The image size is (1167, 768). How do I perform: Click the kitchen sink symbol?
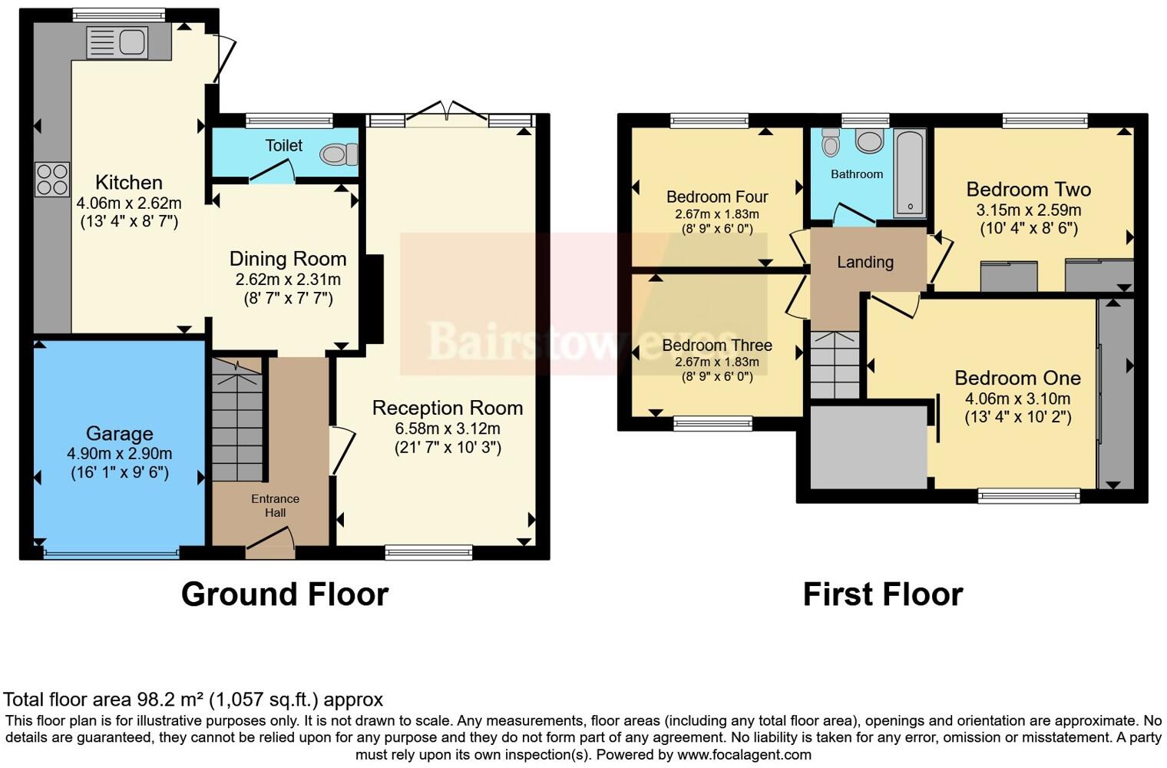point(117,42)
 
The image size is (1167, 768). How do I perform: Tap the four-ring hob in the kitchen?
point(51,180)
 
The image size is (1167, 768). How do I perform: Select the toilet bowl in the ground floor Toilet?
point(339,155)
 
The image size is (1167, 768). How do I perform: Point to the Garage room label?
point(119,434)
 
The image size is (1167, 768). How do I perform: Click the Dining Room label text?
point(288,259)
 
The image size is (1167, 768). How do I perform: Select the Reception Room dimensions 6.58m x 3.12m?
point(448,429)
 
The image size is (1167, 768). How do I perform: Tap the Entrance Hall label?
point(275,505)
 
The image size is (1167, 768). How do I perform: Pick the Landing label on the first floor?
point(865,263)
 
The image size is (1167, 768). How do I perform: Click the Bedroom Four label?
point(716,197)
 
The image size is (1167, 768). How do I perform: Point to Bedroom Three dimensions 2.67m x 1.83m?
point(716,362)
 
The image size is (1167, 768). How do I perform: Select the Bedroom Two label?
point(1028,190)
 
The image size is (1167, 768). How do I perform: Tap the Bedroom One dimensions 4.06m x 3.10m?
point(1017,399)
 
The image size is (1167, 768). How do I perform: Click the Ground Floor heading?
point(285,594)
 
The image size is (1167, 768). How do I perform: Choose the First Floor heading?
point(882,594)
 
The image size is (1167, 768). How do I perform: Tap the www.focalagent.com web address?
point(744,754)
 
